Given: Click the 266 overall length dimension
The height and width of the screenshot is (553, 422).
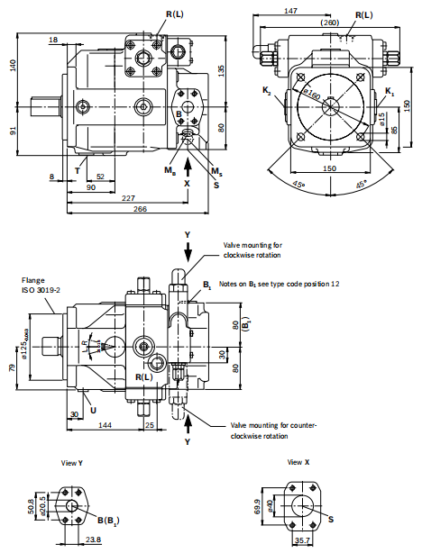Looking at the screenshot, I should click(x=141, y=210).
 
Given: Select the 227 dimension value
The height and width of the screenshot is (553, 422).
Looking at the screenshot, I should click(x=129, y=198).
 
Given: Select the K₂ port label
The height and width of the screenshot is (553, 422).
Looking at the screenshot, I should click(x=267, y=91).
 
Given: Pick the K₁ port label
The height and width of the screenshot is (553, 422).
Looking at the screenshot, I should click(x=390, y=92).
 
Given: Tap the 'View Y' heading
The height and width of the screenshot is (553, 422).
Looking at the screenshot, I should click(x=72, y=463).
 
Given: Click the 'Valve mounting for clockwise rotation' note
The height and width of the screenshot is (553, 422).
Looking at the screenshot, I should click(x=253, y=248).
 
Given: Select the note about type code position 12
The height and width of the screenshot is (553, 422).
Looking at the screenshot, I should click(x=279, y=284).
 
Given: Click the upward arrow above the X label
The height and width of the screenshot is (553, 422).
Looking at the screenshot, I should click(x=188, y=164).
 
